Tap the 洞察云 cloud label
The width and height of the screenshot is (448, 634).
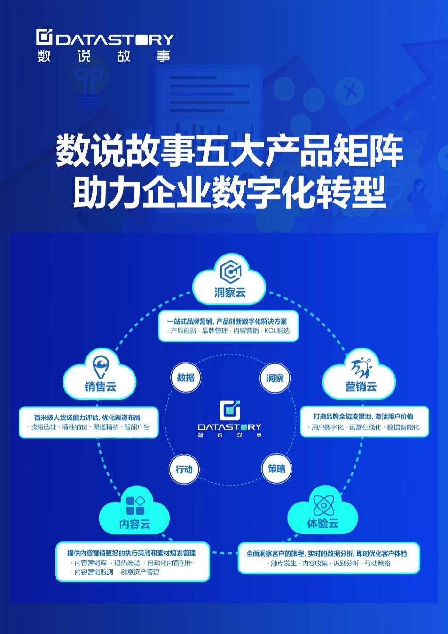(x=230, y=293)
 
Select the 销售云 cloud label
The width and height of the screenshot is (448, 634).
(x=100, y=386)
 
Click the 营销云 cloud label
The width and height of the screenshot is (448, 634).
(x=361, y=386)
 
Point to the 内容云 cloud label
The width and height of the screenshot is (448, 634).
(x=135, y=524)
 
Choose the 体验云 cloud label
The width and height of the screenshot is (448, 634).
(x=323, y=523)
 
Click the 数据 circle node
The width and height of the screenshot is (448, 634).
(x=186, y=378)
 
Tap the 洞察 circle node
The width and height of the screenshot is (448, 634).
(x=275, y=378)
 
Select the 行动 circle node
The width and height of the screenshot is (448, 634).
(x=184, y=469)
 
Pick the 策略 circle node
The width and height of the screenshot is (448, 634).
(x=276, y=469)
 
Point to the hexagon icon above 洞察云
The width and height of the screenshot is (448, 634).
(x=231, y=271)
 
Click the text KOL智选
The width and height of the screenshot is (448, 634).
(x=277, y=331)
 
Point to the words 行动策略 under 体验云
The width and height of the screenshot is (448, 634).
(x=377, y=563)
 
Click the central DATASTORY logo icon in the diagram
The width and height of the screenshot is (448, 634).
(x=230, y=410)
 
